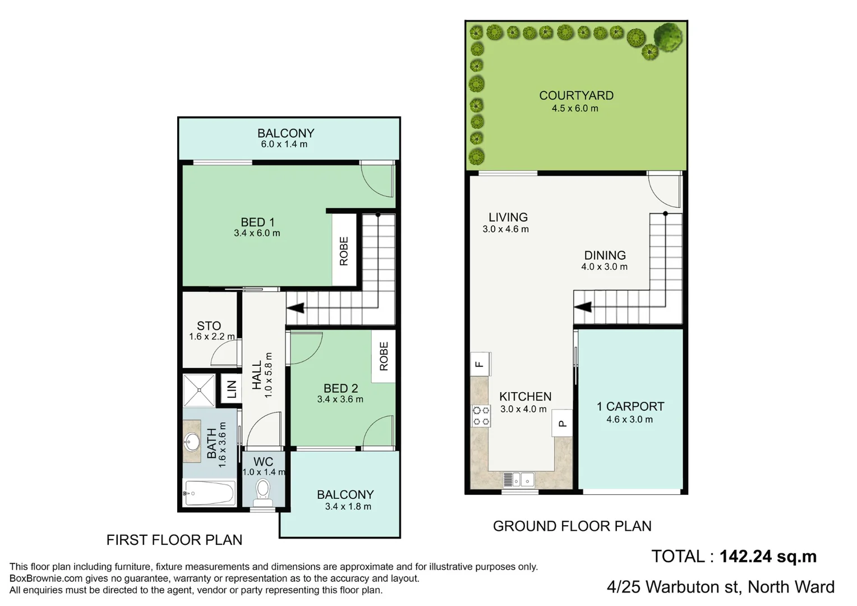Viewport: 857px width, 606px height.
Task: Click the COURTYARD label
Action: coord(576,95)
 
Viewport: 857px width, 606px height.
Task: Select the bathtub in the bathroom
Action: coord(209,493)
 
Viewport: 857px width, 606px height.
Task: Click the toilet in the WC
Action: coord(263,490)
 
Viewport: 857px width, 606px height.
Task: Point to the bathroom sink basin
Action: coord(192,442)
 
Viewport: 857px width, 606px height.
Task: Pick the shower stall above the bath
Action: coord(199,390)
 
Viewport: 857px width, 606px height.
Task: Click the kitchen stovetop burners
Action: coord(481,416)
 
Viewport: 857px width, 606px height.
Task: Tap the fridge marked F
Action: coord(480,364)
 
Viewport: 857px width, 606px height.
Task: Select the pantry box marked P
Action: coord(562,424)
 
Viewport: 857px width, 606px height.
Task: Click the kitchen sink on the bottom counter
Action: coord(520,480)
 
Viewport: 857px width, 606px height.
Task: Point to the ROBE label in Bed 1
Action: coord(344,251)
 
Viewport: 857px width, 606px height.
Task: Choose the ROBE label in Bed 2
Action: coord(384,356)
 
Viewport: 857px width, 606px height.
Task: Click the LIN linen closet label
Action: coord(231,388)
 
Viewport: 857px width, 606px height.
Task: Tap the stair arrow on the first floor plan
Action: coord(296,307)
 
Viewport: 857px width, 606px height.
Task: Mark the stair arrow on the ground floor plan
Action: coord(583,307)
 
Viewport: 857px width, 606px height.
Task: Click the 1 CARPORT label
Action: coord(630,406)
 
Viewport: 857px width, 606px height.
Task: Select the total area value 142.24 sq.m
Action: coord(768,556)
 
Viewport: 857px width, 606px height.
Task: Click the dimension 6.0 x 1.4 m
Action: coord(284,144)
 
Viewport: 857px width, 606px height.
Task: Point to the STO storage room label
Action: coord(209,325)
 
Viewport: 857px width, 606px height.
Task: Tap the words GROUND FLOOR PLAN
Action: coord(572,526)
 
